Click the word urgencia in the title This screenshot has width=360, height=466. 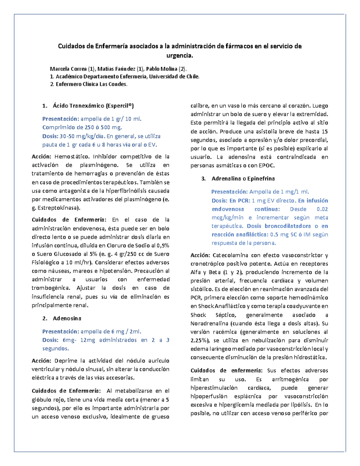tap(180, 56)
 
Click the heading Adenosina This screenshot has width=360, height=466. tap(67, 318)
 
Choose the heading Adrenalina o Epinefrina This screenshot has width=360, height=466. tap(243, 179)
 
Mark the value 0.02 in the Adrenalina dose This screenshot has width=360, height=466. tap(322, 209)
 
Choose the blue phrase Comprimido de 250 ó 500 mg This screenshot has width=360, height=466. tap(82, 128)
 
